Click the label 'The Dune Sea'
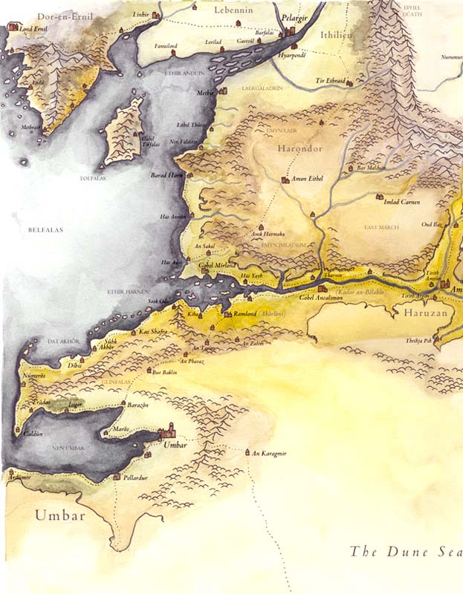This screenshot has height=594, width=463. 405,552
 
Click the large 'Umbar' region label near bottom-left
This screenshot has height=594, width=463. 61,515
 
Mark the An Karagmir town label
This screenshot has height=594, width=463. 269,453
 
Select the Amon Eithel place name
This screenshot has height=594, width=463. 308,180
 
